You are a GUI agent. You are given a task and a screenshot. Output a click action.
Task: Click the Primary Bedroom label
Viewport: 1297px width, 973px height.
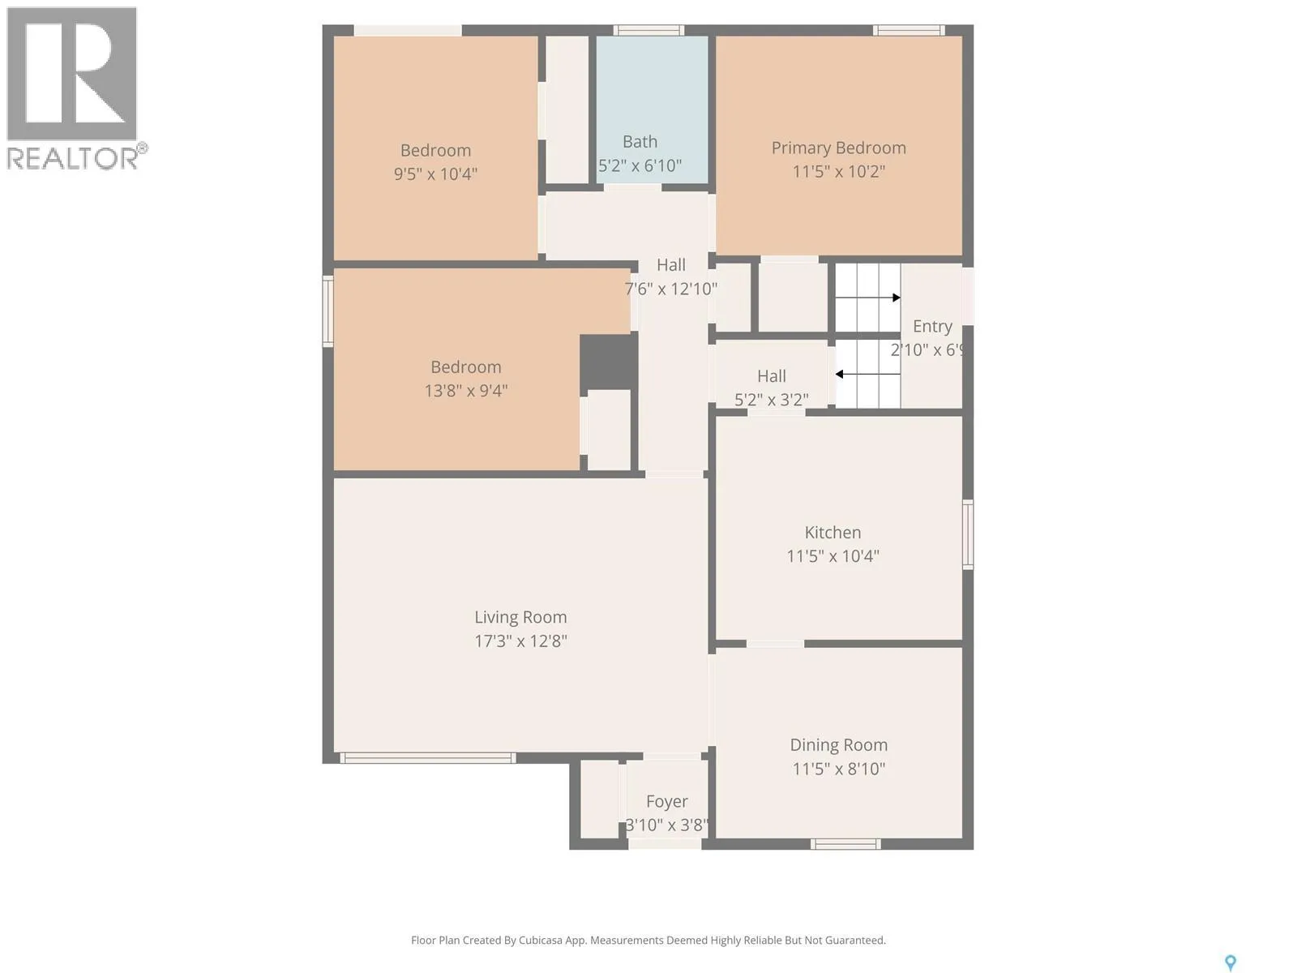[x=838, y=148]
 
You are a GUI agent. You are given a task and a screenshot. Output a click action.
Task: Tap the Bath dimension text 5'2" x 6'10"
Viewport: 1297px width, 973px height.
[x=640, y=165]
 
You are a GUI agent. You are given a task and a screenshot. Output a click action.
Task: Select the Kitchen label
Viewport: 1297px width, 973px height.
[x=833, y=532]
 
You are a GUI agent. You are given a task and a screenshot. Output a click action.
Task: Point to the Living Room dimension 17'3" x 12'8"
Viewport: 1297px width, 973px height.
[x=520, y=641]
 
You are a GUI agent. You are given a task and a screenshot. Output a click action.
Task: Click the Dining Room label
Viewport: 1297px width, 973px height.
[x=838, y=745]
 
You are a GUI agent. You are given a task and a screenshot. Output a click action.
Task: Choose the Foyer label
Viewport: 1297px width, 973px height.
[x=666, y=802]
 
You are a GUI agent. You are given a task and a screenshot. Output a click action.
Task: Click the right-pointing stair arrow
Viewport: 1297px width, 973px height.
[x=868, y=298]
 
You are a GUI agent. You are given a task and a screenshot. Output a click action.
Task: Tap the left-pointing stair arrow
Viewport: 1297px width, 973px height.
[x=868, y=374]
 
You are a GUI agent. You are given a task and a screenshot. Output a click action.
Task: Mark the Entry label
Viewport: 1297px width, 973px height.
[x=932, y=327]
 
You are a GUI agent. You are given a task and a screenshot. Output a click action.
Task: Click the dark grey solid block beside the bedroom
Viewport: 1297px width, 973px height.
[x=609, y=362]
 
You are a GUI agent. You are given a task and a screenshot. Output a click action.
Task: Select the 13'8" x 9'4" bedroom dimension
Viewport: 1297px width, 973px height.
[x=466, y=391]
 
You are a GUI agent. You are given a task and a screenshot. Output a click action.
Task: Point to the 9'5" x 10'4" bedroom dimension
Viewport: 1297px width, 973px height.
[x=435, y=174]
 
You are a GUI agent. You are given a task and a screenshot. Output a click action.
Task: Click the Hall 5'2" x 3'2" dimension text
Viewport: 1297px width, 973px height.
[x=771, y=400]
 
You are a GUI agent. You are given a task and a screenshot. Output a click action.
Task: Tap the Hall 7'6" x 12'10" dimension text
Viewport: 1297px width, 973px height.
[x=670, y=289]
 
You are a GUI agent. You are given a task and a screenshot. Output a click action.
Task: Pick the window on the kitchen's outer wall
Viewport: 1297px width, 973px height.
[x=968, y=534]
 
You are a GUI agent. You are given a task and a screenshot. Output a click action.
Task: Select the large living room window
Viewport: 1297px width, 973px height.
[x=427, y=758]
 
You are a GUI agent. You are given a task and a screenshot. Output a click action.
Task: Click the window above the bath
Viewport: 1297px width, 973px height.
[x=648, y=30]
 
